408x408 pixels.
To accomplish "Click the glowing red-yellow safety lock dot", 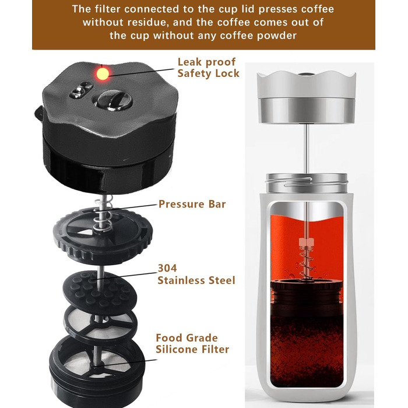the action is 103,73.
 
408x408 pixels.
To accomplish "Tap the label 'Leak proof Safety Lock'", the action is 208,68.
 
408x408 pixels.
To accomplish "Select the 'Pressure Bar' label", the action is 192,204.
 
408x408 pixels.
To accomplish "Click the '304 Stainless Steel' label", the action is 196,275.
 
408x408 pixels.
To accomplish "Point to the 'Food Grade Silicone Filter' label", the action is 192,343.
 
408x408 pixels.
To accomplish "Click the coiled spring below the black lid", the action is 104,213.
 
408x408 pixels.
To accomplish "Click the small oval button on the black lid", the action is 81,90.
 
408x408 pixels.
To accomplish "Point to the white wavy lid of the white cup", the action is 306,85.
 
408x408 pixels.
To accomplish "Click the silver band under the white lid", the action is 306,110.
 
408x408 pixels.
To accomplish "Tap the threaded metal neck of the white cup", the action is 307,183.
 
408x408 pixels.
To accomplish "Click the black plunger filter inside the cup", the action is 307,297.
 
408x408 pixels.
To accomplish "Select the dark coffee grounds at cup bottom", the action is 307,351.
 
